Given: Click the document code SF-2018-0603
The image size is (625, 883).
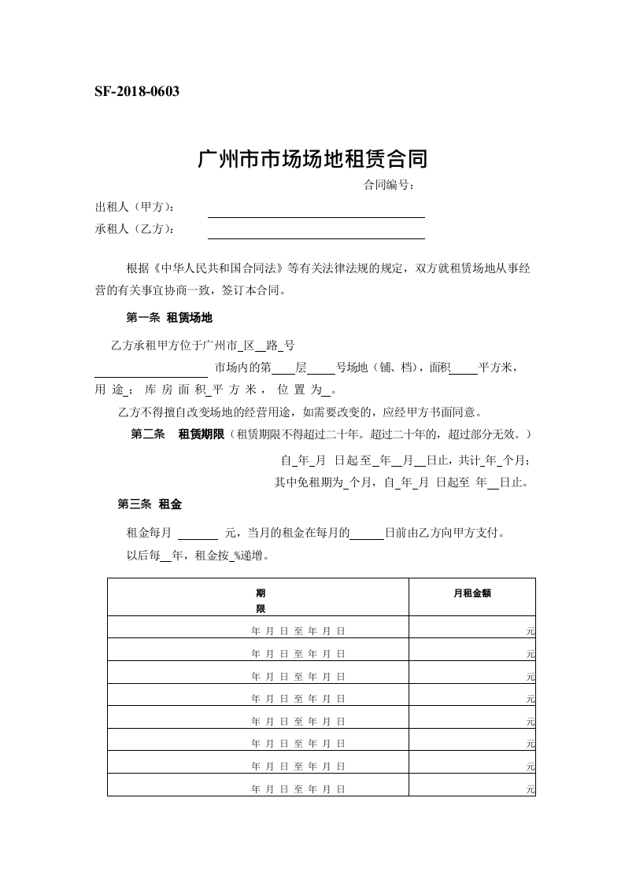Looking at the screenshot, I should click(137, 92).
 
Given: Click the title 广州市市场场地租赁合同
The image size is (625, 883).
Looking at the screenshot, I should click(312, 160).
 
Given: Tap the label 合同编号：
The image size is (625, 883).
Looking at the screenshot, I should click(388, 186).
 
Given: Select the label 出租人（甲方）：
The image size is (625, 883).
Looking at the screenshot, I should click(135, 207).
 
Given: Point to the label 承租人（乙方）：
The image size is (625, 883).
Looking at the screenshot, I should click(135, 229).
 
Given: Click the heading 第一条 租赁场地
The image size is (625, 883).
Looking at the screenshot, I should click(168, 318).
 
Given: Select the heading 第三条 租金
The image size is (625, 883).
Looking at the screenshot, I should click(150, 504).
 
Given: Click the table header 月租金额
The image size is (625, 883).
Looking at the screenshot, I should click(472, 595).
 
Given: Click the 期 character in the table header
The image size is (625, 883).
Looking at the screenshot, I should click(260, 593).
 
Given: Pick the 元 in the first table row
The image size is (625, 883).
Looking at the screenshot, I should click(531, 631).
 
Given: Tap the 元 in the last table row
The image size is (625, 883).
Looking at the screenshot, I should click(531, 789).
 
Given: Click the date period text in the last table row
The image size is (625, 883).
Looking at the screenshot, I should click(298, 788).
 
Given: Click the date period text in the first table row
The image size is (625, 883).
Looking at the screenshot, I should click(298, 631).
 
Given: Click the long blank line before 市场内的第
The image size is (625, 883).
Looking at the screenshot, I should click(151, 374).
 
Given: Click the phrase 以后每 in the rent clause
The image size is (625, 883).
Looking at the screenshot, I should click(143, 556).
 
